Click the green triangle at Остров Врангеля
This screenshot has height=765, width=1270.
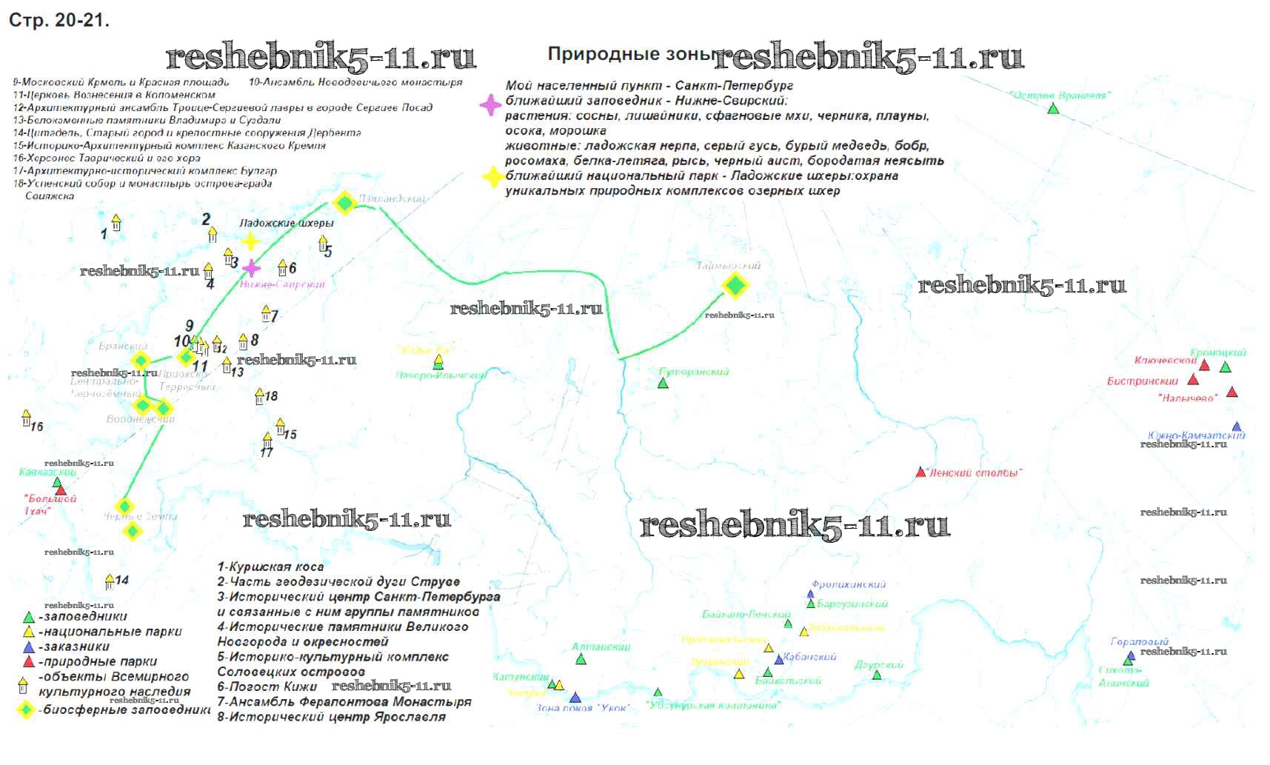1053,109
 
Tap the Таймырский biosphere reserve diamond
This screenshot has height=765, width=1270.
735,284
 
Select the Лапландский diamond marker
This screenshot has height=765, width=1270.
344,203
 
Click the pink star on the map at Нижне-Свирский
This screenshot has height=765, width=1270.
252,268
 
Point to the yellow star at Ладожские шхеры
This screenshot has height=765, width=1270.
251,241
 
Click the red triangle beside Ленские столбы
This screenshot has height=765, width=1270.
920,472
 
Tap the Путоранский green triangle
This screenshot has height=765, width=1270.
663,384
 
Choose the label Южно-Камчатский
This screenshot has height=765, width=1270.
1196,435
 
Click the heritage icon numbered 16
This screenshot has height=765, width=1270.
27,418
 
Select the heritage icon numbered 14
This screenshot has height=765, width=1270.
110,581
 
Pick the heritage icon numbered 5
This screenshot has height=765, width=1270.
323,243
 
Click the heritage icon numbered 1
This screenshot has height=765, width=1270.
116,222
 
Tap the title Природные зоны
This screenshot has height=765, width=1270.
630,54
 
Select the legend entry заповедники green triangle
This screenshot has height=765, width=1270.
29,617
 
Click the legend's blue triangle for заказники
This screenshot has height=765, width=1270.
29,647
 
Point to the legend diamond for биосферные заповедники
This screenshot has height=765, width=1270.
27,709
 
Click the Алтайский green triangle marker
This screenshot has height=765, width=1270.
581,659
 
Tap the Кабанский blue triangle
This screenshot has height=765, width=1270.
778,659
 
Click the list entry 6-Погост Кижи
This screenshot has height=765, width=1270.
267,687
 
